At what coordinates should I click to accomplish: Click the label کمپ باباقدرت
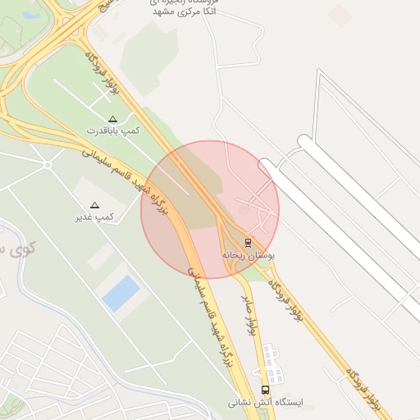click(114, 130)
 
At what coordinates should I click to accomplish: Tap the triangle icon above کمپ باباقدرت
click(113, 119)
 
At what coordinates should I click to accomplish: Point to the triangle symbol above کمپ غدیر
click(94, 205)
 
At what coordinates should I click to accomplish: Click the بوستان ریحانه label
click(249, 255)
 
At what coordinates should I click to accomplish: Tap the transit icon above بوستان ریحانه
click(248, 243)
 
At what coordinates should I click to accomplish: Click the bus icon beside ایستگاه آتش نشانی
click(265, 390)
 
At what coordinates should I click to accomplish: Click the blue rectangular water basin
click(121, 293)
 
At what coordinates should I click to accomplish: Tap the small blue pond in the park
click(31, 15)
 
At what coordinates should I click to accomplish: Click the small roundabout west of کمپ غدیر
click(48, 165)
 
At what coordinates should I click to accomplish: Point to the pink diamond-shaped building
click(340, 15)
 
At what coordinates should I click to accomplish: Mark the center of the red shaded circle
click(210, 209)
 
